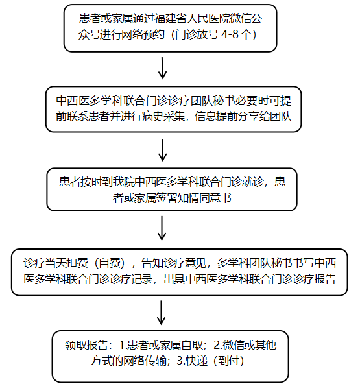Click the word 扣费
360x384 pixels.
77,263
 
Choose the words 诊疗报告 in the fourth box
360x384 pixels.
315,279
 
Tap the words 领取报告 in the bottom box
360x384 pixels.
86,345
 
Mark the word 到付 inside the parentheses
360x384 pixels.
229,361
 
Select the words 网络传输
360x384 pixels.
145,361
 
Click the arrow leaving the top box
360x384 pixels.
162,68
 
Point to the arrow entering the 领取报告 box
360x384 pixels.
161,313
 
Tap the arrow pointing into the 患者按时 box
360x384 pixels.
163,150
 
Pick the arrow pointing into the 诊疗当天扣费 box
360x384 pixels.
162,228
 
